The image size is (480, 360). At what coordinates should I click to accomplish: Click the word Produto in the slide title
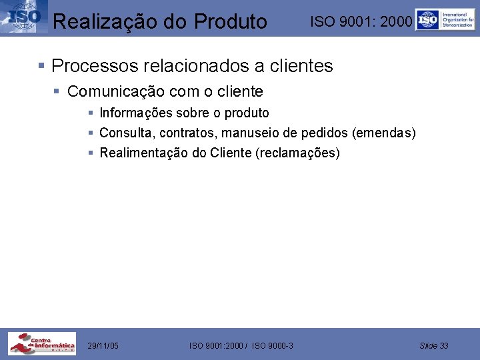point(231,21)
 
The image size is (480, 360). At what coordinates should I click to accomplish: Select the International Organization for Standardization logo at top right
point(445,19)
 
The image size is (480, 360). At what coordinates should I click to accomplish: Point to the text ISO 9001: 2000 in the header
point(361,22)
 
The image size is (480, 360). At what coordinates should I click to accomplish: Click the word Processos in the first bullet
point(95,66)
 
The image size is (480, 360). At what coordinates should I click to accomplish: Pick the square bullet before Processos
point(41,66)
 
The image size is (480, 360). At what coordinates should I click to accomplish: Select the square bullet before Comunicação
point(57,91)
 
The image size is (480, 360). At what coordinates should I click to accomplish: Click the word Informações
point(137,113)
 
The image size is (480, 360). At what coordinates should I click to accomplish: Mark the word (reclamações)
point(297,153)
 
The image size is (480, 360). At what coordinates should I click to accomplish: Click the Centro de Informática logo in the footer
point(41,344)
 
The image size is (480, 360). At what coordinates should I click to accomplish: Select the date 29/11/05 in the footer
point(103,345)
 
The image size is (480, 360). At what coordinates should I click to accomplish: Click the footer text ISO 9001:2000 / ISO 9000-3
point(241,345)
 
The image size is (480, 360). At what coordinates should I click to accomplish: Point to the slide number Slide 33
point(434,345)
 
